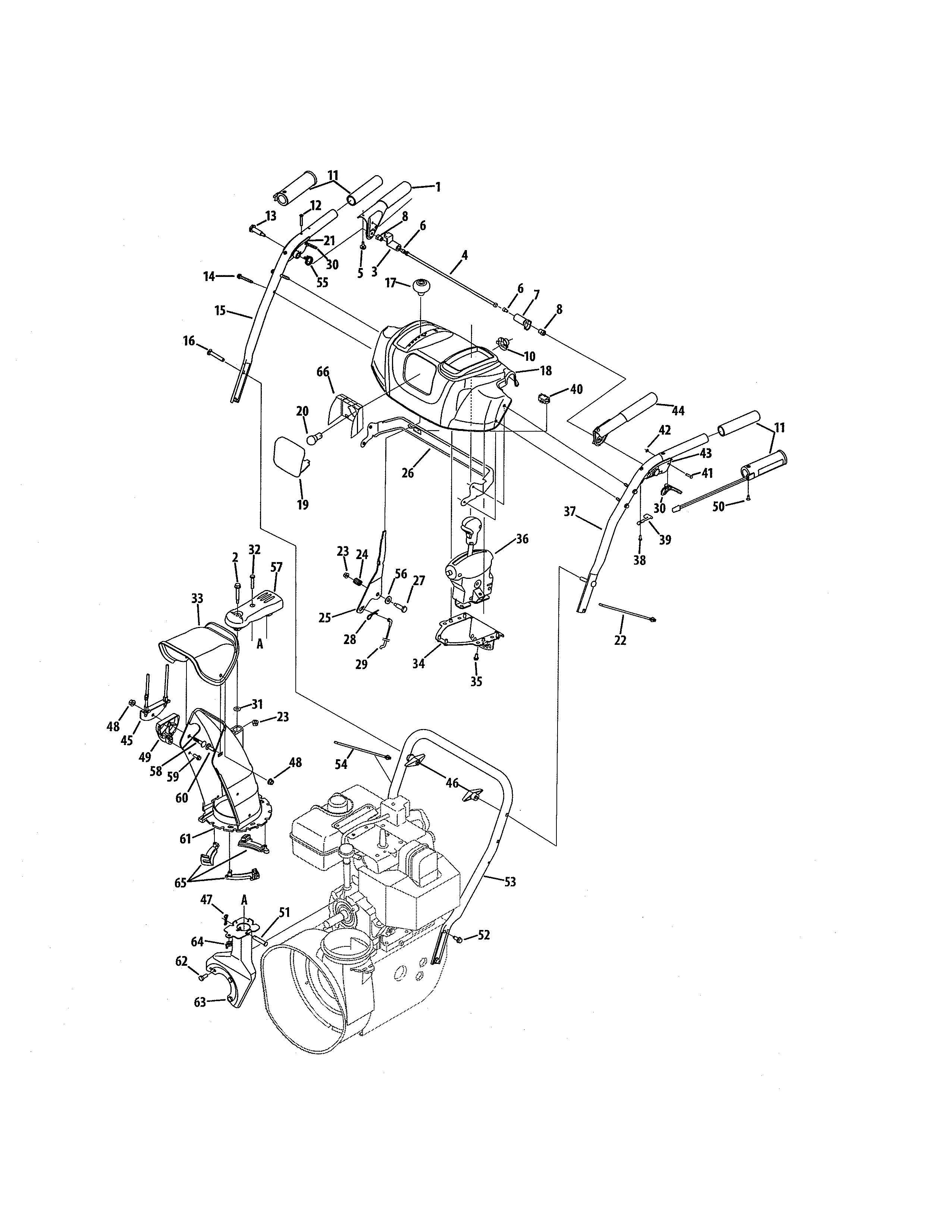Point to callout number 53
click(x=510, y=882)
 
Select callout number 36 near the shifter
click(x=522, y=539)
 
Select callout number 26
click(x=407, y=473)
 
